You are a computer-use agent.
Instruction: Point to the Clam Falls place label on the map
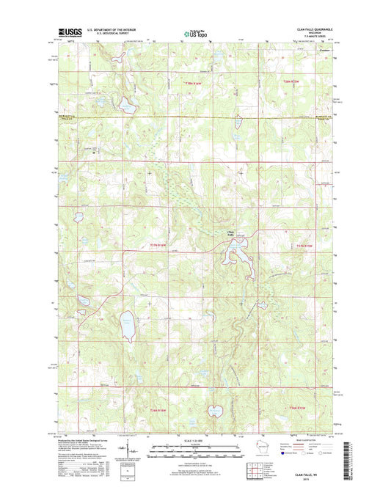[x=230, y=233]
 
